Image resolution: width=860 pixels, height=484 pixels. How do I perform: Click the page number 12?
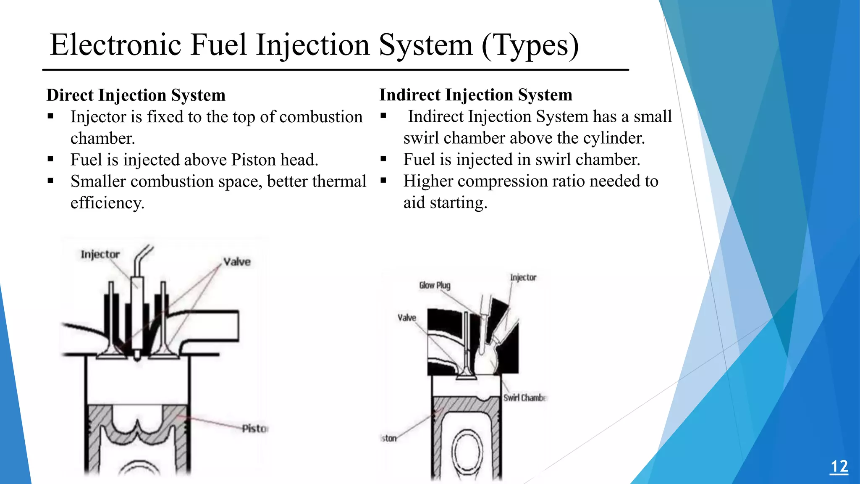[839, 467]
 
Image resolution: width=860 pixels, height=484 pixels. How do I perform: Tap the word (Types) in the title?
[530, 45]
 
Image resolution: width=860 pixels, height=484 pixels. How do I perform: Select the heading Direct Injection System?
[136, 95]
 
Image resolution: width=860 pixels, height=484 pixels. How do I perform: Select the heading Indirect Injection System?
[476, 95]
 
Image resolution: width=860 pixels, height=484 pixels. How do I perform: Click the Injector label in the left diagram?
[100, 254]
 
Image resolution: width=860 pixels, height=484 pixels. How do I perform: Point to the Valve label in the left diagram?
[237, 262]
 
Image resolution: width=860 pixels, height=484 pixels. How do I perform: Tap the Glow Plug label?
[435, 285]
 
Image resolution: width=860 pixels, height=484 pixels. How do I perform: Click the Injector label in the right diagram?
[523, 277]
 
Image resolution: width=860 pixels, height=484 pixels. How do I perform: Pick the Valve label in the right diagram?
[406, 318]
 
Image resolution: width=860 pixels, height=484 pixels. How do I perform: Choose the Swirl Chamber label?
[524, 397]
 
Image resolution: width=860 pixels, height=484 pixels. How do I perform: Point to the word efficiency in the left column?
[107, 203]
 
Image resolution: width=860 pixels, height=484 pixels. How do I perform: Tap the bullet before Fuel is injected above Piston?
[50, 159]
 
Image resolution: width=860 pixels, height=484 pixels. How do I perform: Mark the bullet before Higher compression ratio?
[383, 181]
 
